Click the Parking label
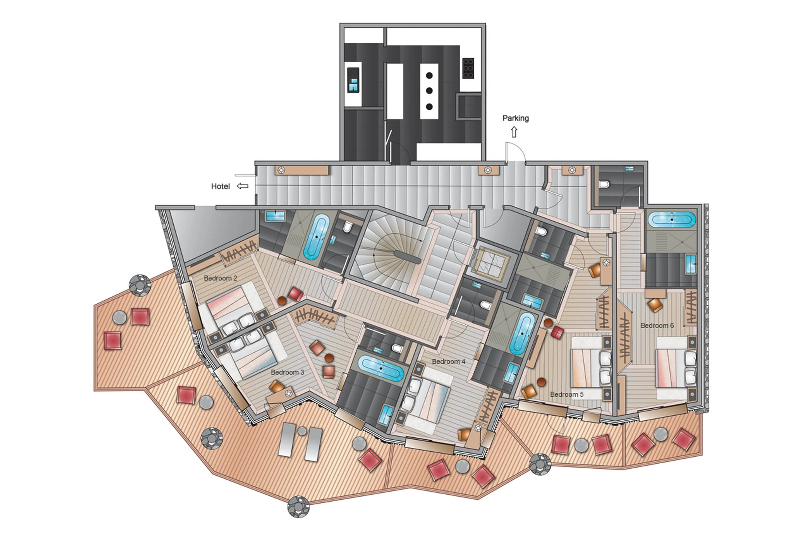coord(515,118)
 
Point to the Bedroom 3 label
coord(287,372)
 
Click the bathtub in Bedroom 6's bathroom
coord(671,220)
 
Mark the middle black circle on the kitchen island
coord(429,91)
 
